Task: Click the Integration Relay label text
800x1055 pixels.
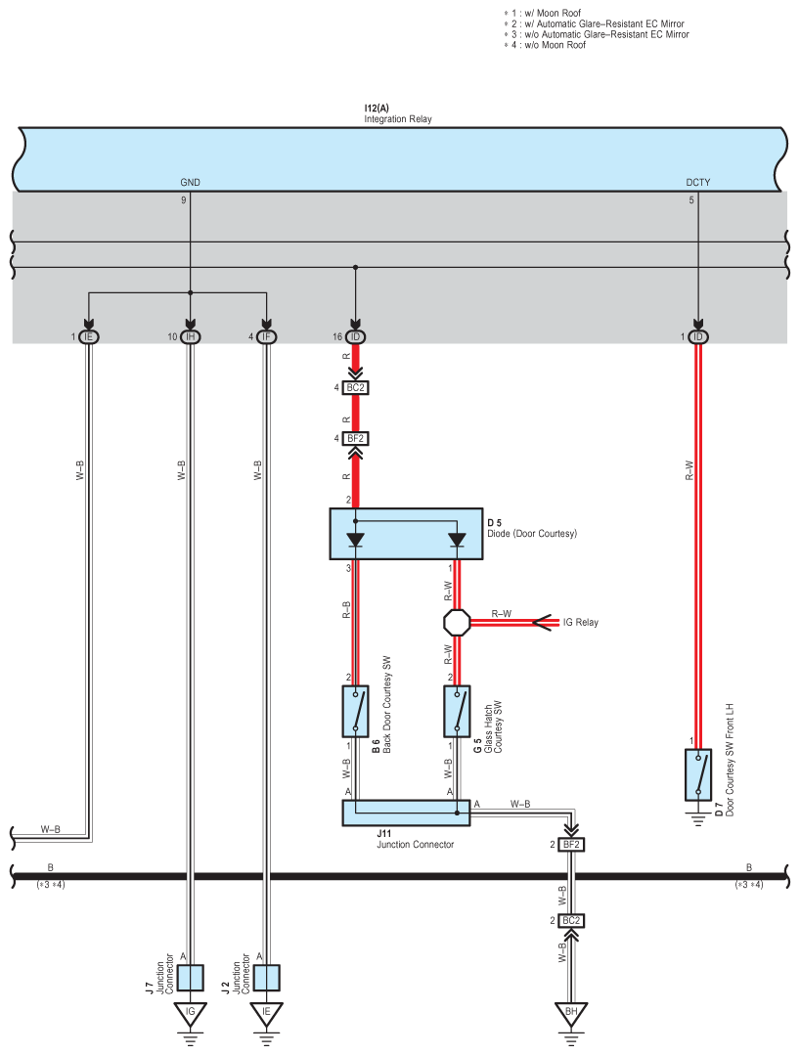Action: (398, 119)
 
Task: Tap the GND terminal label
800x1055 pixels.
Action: (190, 182)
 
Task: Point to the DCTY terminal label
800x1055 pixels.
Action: (697, 182)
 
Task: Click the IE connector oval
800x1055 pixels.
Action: (89, 336)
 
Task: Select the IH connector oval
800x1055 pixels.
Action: (191, 336)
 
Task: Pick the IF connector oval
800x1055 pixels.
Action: (266, 336)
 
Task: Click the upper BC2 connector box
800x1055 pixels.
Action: (355, 387)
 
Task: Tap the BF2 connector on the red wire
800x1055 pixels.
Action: (355, 439)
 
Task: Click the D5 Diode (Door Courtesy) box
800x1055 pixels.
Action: (406, 534)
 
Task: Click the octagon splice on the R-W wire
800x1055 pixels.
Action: (457, 623)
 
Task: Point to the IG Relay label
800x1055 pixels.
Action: (581, 623)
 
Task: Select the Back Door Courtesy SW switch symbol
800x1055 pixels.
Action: (355, 711)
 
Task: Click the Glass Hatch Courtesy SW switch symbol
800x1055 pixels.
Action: (457, 711)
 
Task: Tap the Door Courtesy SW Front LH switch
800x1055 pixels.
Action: (697, 774)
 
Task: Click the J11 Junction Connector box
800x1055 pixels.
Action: (406, 813)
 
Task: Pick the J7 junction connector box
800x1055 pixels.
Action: (191, 978)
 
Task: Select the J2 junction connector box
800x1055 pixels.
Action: (266, 978)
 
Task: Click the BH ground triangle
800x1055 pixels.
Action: (571, 1013)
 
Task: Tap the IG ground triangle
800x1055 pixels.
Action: (191, 1013)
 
